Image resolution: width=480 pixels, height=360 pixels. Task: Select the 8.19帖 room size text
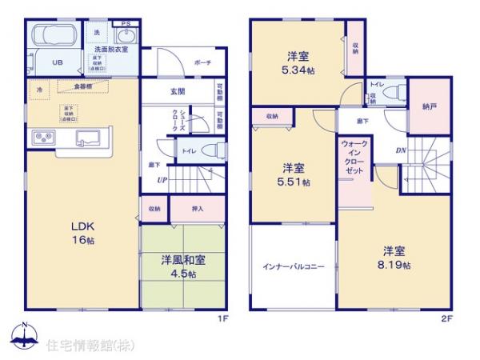(x=396, y=257)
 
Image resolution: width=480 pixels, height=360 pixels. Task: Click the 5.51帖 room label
(x=294, y=175)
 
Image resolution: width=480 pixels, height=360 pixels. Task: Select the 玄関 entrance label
(x=177, y=90)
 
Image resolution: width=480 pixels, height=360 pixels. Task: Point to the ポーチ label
(x=203, y=62)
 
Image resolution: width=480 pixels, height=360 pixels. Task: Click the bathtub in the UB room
(x=55, y=38)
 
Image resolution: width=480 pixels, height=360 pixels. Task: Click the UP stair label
(x=162, y=181)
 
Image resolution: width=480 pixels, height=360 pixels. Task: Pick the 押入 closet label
(x=198, y=209)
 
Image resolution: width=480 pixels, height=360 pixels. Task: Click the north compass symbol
(x=23, y=335)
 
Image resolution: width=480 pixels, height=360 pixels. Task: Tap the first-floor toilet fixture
(x=210, y=150)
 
